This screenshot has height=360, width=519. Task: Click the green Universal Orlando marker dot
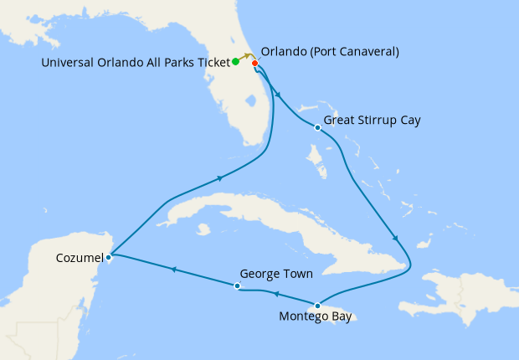click(x=236, y=61)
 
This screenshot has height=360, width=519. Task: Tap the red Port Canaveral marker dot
click(x=254, y=63)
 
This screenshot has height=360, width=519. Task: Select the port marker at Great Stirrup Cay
click(x=316, y=128)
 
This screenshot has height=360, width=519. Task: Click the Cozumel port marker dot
click(x=110, y=257)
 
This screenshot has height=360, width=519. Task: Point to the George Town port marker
click(x=238, y=286)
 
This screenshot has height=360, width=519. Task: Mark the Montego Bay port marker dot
click(x=317, y=305)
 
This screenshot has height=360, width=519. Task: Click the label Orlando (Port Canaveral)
click(x=330, y=52)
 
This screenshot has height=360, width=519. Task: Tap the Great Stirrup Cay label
click(x=372, y=121)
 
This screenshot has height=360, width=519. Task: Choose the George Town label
click(x=277, y=273)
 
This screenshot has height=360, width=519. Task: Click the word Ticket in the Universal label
click(x=208, y=61)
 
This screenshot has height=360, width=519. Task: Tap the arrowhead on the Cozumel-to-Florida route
click(x=220, y=177)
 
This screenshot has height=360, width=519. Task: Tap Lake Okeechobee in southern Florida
click(x=249, y=102)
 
